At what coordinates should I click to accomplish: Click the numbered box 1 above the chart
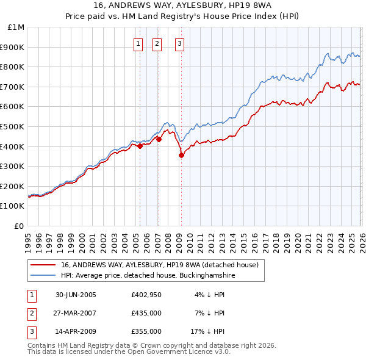138,43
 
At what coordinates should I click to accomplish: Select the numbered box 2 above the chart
157,43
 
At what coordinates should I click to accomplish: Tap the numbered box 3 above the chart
180,43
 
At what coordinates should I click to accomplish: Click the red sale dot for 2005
140,146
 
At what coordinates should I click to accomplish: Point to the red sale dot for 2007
159,139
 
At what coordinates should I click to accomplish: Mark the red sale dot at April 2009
181,155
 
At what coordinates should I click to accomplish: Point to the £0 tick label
20,226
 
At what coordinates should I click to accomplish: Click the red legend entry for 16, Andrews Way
160,265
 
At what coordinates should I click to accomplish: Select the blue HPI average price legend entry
148,276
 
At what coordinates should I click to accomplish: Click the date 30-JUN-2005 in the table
76,295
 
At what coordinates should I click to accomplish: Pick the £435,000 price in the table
146,313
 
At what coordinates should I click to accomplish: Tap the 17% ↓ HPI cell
207,331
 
